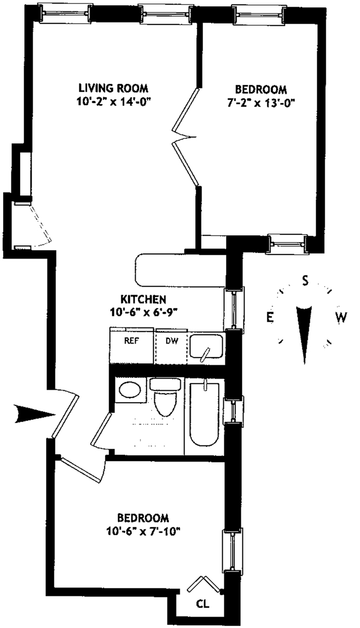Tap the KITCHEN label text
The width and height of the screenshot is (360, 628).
(143, 299)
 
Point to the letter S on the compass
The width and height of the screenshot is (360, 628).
(306, 280)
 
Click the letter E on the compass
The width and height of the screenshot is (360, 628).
(270, 317)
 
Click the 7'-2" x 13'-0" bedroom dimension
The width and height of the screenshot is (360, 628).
(261, 102)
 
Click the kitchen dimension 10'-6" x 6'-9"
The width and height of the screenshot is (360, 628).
(143, 312)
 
